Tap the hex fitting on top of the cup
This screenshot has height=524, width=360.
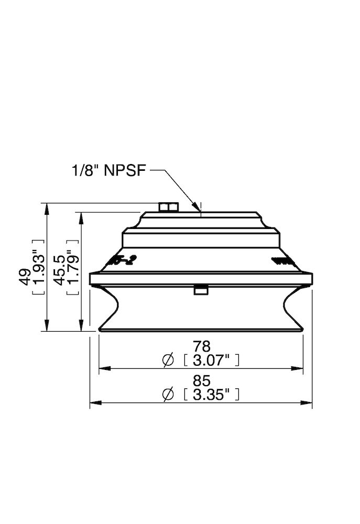coord(168,208)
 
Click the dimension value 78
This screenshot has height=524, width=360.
coord(201,346)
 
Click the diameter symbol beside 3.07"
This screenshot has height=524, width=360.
coord(168,360)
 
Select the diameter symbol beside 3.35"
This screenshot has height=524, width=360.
coord(168,395)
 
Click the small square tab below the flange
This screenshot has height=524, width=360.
coord(200,290)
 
